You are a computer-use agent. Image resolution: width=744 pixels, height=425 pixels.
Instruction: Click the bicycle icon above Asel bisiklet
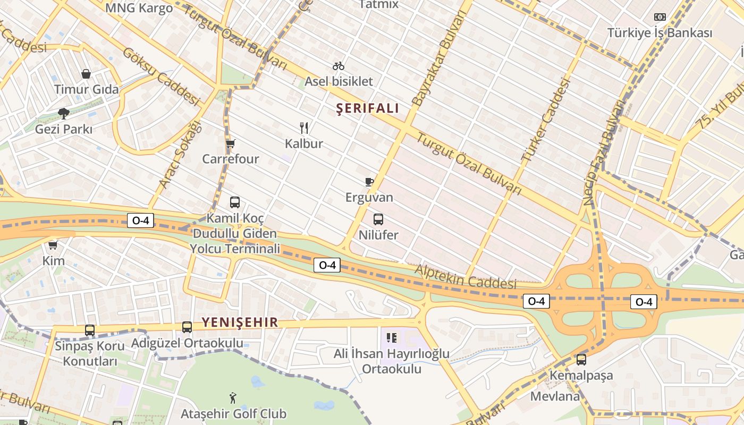(339, 66)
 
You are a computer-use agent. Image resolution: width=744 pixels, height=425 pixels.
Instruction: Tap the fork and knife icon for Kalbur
(304, 128)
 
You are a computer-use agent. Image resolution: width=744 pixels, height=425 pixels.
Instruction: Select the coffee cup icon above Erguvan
(369, 182)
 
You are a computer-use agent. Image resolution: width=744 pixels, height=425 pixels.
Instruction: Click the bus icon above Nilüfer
(378, 219)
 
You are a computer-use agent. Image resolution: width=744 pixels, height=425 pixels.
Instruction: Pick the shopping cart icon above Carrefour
(231, 143)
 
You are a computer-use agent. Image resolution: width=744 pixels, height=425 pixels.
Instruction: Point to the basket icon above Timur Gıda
(86, 74)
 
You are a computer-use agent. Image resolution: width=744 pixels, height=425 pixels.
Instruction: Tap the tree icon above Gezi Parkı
(64, 113)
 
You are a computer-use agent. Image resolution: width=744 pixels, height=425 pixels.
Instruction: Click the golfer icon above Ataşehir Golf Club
(233, 398)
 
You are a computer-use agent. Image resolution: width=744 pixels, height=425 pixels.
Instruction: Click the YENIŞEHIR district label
(240, 322)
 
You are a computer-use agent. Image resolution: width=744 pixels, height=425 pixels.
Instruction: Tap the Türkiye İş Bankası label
(660, 33)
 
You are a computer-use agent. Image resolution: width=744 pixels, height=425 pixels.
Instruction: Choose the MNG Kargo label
(139, 8)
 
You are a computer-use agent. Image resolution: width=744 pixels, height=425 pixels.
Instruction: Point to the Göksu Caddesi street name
(161, 76)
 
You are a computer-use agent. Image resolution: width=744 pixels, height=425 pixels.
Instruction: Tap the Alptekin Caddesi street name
(466, 277)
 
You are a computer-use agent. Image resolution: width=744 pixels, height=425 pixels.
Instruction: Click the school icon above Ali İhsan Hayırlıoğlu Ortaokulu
(392, 337)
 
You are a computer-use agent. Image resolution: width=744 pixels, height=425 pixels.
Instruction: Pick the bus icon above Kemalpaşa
(581, 360)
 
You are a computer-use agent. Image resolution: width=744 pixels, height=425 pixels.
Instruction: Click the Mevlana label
(555, 396)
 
